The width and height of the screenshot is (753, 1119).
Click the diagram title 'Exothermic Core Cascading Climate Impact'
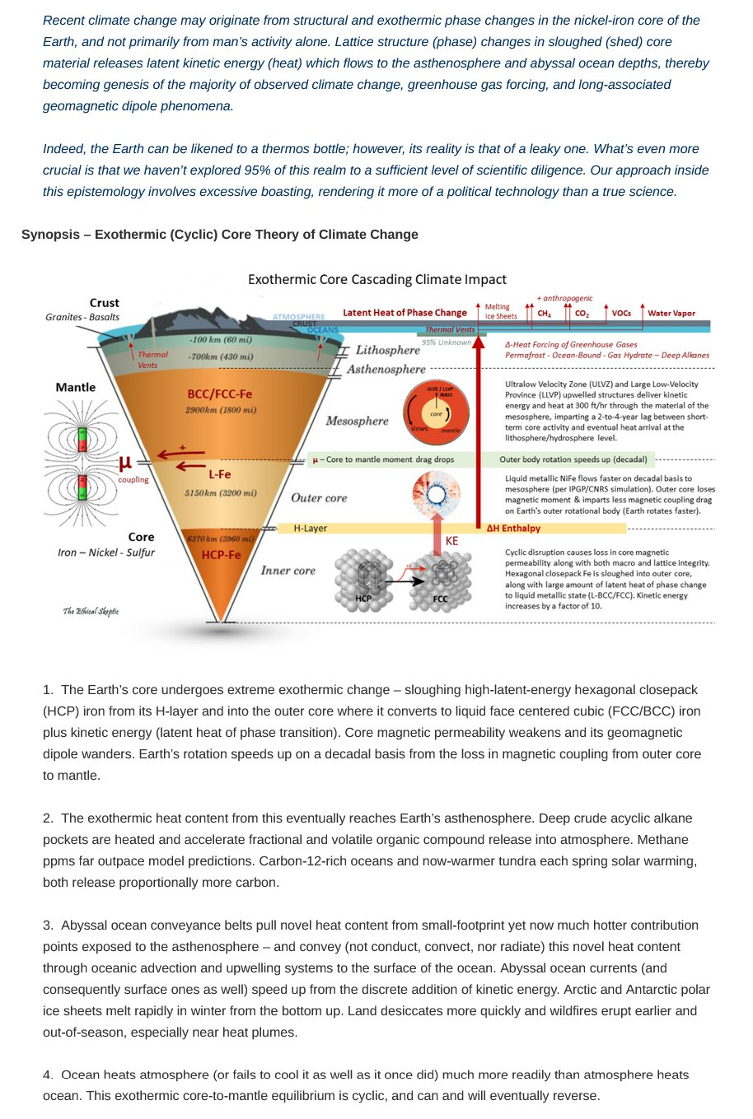[376, 280]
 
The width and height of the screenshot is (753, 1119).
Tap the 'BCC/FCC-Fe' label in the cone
[219, 394]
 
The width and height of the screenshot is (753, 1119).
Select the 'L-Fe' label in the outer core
[219, 474]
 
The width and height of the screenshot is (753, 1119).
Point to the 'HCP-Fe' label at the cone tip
[221, 555]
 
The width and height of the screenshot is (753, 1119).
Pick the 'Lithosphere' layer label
[387, 350]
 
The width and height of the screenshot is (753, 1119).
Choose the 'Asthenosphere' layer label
[386, 369]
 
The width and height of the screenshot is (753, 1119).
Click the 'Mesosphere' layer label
[357, 421]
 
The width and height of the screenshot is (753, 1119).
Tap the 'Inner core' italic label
[288, 570]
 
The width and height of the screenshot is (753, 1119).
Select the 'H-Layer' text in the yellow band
[311, 529]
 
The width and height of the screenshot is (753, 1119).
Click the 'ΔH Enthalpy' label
[513, 529]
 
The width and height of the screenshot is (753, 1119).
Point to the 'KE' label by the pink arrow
[451, 541]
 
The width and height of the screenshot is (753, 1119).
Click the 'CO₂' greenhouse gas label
[582, 314]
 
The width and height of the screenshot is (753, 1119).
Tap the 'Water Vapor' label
[671, 313]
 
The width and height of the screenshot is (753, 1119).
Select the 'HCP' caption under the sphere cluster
[363, 599]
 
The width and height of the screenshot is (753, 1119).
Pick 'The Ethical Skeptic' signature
[91, 611]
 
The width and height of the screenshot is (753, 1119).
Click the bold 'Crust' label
[105, 303]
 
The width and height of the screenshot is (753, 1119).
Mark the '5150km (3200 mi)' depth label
[220, 493]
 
